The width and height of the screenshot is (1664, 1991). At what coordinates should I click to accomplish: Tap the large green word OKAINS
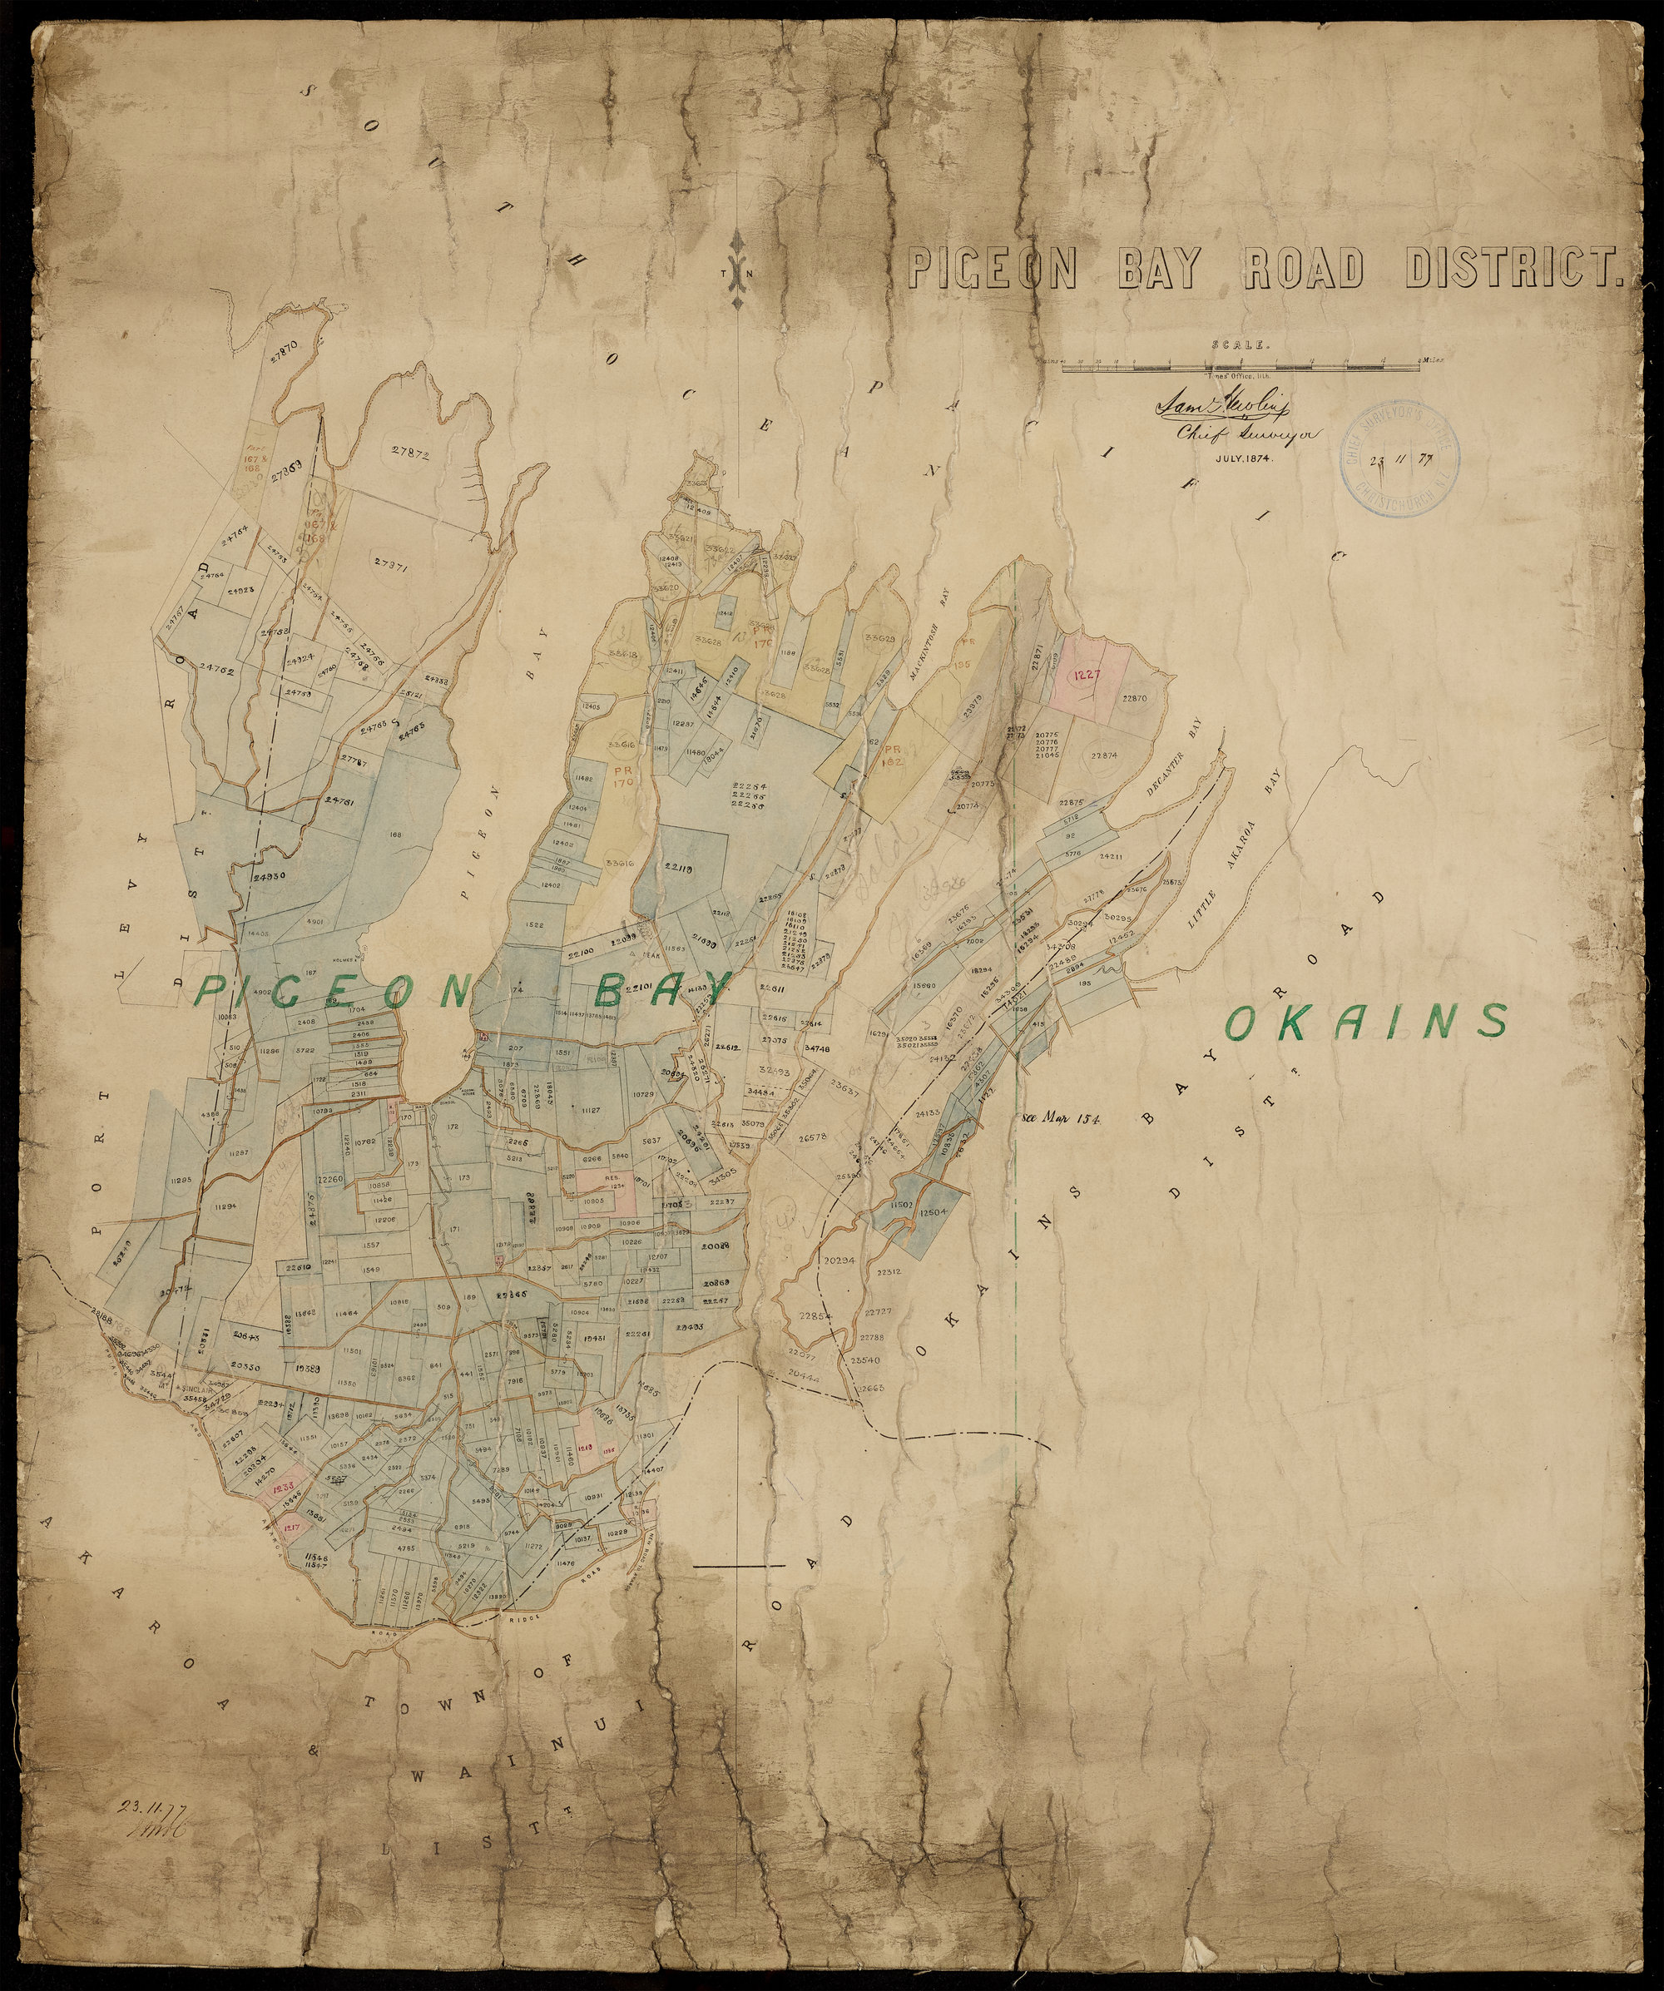[x=1366, y=1021]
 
